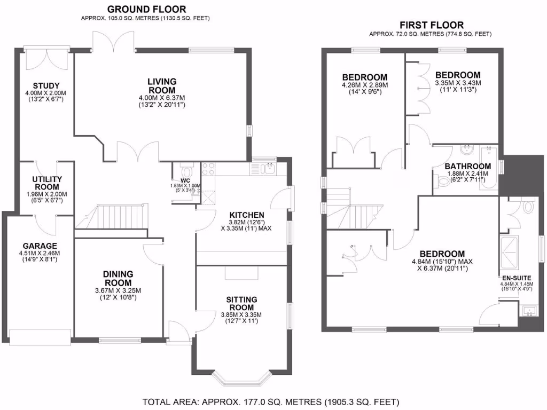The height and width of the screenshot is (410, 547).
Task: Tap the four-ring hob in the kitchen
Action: [208, 169]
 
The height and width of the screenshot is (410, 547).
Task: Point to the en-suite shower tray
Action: [506, 252]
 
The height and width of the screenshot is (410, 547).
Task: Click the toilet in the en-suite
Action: [528, 206]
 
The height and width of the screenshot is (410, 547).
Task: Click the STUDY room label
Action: [45, 86]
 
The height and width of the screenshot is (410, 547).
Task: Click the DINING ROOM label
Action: [118, 278]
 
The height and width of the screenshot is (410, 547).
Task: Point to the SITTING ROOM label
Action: [243, 304]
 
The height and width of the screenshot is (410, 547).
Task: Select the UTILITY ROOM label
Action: [47, 183]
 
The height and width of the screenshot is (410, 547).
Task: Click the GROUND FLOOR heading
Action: [146, 9]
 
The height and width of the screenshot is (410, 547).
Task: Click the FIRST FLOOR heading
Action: [432, 25]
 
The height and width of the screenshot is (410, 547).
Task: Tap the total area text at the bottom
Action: [271, 401]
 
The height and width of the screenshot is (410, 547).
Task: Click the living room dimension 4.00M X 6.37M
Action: [162, 98]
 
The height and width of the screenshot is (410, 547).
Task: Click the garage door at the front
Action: [41, 335]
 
